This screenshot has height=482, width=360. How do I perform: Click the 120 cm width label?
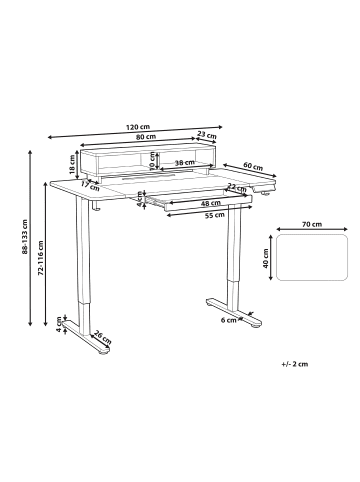tap(138, 127)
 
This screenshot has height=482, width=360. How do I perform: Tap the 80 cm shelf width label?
tap(146, 136)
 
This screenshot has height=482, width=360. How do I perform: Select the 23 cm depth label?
tap(207, 135)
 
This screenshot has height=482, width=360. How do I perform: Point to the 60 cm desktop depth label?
tap(253, 166)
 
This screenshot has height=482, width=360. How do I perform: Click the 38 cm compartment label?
tap(185, 163)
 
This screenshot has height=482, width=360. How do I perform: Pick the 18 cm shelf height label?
tap(72, 165)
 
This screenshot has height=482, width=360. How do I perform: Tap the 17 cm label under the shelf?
tap(90, 186)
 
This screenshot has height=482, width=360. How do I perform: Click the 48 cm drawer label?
tap(210, 203)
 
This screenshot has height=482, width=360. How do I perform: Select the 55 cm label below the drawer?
tap(214, 215)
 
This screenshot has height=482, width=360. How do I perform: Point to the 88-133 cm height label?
tap(24, 237)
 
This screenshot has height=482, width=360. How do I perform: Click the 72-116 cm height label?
tap(41, 258)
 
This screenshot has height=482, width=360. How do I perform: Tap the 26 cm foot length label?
tap(103, 337)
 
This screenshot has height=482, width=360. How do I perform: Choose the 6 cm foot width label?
tap(228, 320)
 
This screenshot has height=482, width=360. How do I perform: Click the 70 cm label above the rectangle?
tap(312, 224)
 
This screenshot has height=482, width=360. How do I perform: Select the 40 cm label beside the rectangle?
tap(266, 259)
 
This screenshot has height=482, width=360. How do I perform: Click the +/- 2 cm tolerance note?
tap(295, 364)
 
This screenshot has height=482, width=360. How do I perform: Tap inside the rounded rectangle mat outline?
tap(312, 257)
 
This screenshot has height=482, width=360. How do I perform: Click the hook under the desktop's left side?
tap(96, 206)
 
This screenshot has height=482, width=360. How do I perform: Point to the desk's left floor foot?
tap(86, 337)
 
